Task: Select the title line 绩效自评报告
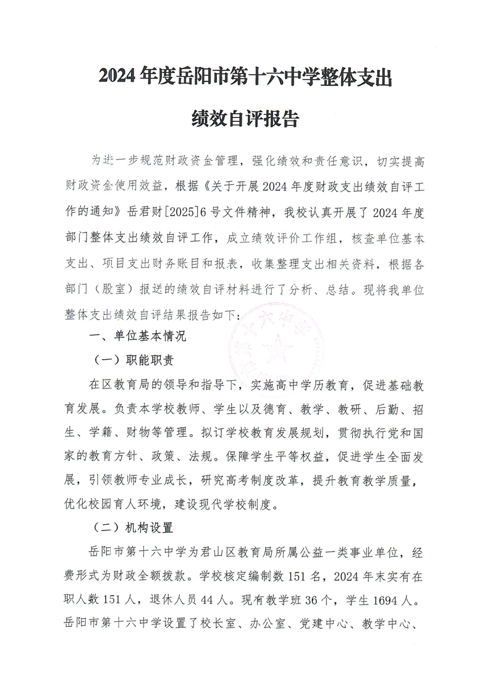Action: pyautogui.click(x=245, y=118)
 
